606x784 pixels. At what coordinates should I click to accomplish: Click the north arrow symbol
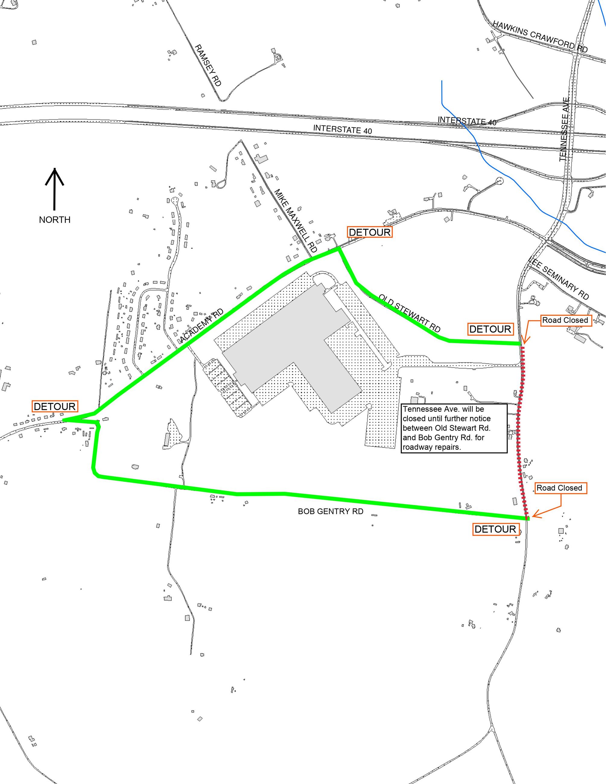55,189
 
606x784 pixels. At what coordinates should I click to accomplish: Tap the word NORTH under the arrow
55,220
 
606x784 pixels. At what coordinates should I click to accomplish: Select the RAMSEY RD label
208,65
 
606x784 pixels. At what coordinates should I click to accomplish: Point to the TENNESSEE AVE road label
564,129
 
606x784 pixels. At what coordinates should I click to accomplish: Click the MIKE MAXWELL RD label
296,220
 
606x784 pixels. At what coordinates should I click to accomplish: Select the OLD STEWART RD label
410,313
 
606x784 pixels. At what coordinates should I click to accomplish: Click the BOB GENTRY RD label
330,511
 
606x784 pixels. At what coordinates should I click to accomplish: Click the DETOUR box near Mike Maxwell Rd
370,232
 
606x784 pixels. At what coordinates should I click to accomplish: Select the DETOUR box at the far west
55,406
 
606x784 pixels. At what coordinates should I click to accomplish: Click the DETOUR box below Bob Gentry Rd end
495,529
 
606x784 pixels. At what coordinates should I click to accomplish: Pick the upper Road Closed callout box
565,320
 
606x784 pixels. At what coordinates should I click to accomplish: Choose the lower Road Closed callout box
559,488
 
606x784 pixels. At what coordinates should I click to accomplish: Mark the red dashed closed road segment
520,431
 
